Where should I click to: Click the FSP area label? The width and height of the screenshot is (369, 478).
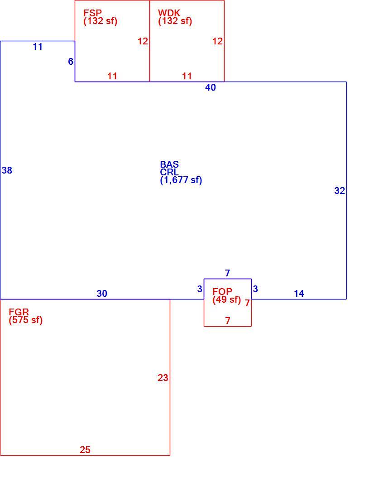[x=93, y=13]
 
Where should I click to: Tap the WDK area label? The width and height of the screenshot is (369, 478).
[x=169, y=13]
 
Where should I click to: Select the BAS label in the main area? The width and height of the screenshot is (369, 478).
[x=169, y=164]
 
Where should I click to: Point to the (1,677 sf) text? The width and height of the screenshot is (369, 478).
[x=181, y=180]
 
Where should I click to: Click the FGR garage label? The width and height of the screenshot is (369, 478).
[x=19, y=312]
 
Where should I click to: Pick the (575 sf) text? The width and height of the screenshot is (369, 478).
[x=26, y=320]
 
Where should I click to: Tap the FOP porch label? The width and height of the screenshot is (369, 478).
[x=222, y=291]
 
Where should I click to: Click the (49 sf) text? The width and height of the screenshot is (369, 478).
[x=227, y=299]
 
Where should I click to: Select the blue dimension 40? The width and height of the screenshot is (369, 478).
[x=211, y=87]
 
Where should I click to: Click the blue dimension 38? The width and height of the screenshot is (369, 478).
[x=7, y=170]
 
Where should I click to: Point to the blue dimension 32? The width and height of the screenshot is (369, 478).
[x=340, y=191]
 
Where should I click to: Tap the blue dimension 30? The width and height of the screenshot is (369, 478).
[x=102, y=294]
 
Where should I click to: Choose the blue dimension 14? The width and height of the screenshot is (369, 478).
[x=299, y=294]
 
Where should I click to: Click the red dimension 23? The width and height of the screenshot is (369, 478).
[x=163, y=378]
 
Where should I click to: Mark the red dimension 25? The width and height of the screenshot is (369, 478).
[x=85, y=449]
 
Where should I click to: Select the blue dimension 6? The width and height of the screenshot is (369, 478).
[x=71, y=62]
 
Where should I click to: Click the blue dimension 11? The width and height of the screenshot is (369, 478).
[x=38, y=47]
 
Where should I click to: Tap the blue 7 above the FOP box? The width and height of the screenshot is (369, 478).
[x=227, y=273]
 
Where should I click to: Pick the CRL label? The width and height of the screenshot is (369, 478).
[x=169, y=172]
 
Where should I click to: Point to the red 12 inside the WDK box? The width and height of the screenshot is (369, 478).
[x=218, y=41]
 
